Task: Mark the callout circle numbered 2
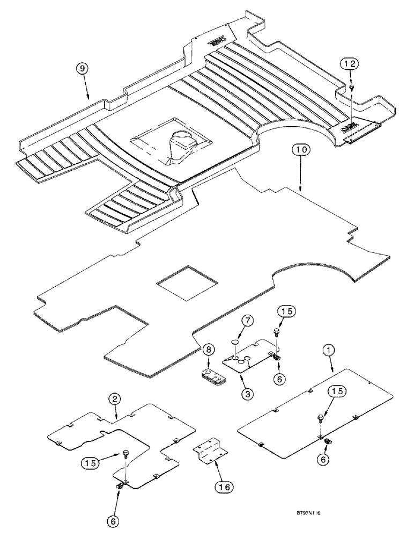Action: (114, 398)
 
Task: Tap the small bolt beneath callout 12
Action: (350, 85)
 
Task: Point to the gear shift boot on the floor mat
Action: (180, 145)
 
